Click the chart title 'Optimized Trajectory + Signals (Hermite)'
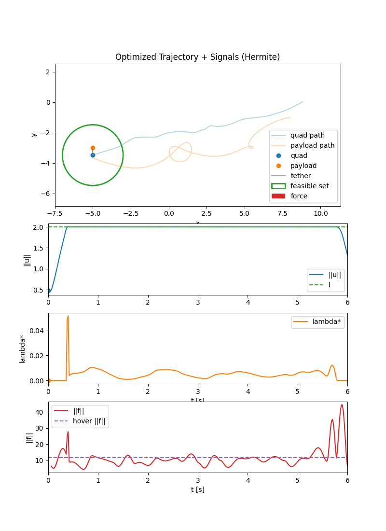[x=197, y=57]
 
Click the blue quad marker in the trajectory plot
[x=93, y=155]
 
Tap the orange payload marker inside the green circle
[x=93, y=148]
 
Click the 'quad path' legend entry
[x=307, y=135]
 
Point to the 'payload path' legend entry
[x=312, y=145]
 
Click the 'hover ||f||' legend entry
[x=89, y=420]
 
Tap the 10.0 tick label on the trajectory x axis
[x=320, y=213]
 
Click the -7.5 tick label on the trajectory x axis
[x=55, y=213]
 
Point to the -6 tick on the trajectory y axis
[x=47, y=194]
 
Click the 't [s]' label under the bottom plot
[x=197, y=489]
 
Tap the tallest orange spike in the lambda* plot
[x=68, y=316]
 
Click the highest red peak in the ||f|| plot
[x=342, y=405]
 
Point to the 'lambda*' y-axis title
[x=22, y=349]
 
